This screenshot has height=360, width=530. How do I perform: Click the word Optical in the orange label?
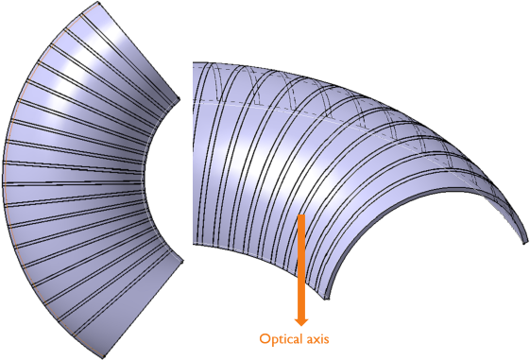(x=282, y=338)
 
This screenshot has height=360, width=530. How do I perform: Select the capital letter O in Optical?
(x=265, y=338)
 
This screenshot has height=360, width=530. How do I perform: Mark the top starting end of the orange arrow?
(x=301, y=216)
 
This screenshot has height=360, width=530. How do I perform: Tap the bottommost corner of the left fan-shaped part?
(x=110, y=355)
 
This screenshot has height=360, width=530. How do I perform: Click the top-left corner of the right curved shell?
(x=194, y=63)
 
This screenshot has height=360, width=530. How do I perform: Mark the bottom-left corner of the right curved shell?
(x=194, y=241)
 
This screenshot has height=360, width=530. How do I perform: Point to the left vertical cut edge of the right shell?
(x=194, y=151)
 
